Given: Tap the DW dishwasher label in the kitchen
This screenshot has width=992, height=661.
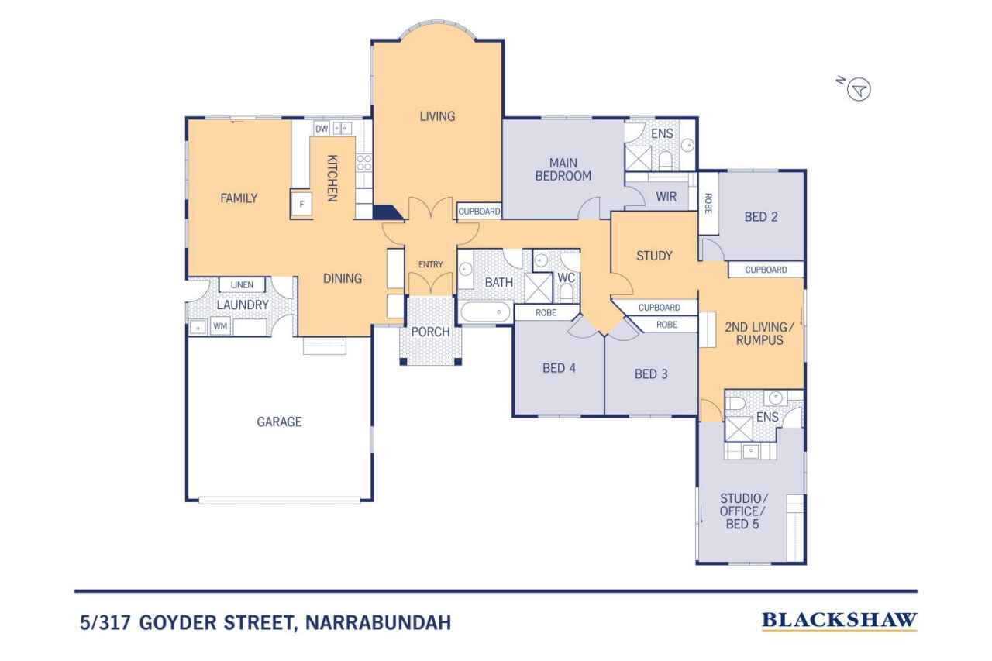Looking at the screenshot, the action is [x=322, y=129].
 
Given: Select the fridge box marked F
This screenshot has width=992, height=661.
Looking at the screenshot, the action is [x=301, y=204].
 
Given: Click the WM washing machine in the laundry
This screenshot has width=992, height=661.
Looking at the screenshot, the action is [x=220, y=326].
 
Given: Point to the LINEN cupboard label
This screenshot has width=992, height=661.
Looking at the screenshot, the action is [x=242, y=284].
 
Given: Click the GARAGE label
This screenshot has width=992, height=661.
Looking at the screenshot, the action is [x=279, y=422].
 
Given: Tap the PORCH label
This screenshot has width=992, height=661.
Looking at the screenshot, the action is [x=430, y=332].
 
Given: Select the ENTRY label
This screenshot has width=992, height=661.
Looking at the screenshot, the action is [x=430, y=264].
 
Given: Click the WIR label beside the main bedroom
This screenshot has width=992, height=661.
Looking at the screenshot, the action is [x=666, y=197].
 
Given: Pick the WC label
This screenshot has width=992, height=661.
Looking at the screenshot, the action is [x=566, y=278].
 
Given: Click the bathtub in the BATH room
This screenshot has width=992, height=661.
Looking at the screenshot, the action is [x=485, y=312].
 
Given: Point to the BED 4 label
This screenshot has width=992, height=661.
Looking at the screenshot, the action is [x=559, y=368].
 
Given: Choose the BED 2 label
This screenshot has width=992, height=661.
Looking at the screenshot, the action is [x=761, y=216].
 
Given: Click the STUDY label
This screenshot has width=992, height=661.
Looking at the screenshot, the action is [x=654, y=256].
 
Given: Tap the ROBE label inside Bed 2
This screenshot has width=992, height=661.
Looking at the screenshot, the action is [x=708, y=203].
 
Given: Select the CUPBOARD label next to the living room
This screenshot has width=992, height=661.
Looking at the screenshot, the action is [x=479, y=212].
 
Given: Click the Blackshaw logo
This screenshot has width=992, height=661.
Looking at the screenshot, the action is [x=839, y=621].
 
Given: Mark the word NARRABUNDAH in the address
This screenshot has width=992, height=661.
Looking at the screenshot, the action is [x=378, y=622].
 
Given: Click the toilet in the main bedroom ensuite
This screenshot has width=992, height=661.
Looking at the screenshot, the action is [x=665, y=160].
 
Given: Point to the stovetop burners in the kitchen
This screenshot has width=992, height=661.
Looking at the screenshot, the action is [x=364, y=163].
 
